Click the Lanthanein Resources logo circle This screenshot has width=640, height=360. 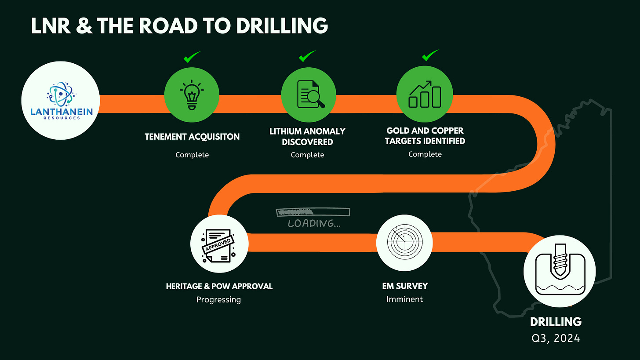(x=60, y=101)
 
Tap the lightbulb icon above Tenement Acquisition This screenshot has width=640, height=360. (x=192, y=95)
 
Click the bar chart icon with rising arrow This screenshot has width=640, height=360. (x=424, y=94)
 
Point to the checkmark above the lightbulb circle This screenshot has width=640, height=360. (x=191, y=57)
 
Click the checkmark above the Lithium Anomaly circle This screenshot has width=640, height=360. (x=307, y=57)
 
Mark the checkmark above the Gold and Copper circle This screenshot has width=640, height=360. (x=430, y=56)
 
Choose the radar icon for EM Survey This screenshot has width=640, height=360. (x=404, y=243)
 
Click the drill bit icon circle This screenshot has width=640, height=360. (x=559, y=269)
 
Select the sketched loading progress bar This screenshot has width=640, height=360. (x=313, y=212)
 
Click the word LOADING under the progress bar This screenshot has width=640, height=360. (x=314, y=224)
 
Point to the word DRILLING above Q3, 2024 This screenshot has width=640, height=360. (x=556, y=322)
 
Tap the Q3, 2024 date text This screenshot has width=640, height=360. (x=556, y=338)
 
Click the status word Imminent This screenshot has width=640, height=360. (x=404, y=299)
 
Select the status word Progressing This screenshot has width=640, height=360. (x=218, y=300)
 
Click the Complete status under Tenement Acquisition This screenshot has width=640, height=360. (x=192, y=155)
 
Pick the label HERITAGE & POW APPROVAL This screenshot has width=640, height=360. (x=219, y=286)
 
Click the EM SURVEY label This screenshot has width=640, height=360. (x=405, y=286)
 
